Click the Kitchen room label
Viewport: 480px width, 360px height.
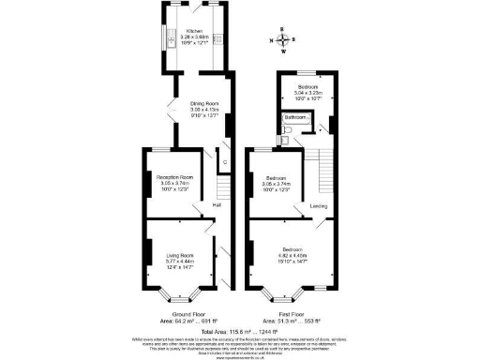(194, 31)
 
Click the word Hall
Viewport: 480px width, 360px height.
(217, 204)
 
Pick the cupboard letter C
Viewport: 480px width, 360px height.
(223, 161)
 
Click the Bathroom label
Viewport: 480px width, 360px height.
(298, 117)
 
